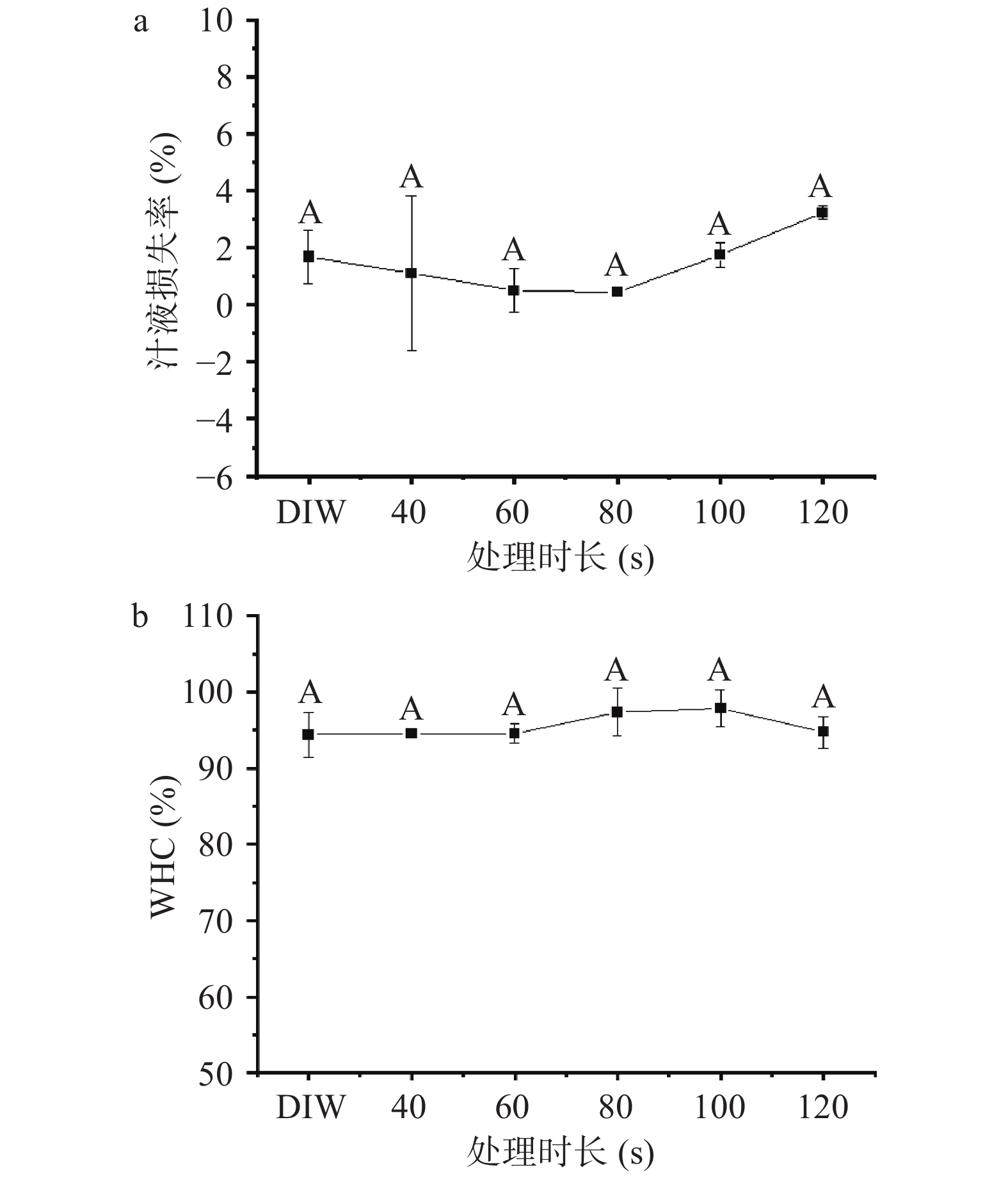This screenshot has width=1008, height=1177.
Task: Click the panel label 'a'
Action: (x=140, y=23)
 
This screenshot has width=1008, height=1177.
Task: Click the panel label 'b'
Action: (x=140, y=618)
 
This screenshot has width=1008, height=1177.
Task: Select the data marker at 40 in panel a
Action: (x=411, y=273)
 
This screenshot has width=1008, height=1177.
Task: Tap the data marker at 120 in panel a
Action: (x=822, y=212)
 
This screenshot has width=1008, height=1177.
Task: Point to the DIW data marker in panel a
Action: (x=308, y=257)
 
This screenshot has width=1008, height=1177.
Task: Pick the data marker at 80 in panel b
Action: (x=617, y=712)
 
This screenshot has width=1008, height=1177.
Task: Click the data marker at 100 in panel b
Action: (x=720, y=708)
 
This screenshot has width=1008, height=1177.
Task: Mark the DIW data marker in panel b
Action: (x=308, y=734)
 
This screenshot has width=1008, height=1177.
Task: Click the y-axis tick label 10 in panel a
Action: (x=216, y=21)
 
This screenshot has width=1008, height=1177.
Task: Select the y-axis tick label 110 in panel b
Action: (x=208, y=617)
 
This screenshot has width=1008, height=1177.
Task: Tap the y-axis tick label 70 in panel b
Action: (x=216, y=920)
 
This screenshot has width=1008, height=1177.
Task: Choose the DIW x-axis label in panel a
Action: (x=311, y=513)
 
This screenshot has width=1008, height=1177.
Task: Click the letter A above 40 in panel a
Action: (x=412, y=177)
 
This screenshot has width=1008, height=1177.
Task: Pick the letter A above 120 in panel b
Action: (x=822, y=697)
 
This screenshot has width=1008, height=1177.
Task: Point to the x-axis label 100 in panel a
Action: (x=720, y=513)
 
